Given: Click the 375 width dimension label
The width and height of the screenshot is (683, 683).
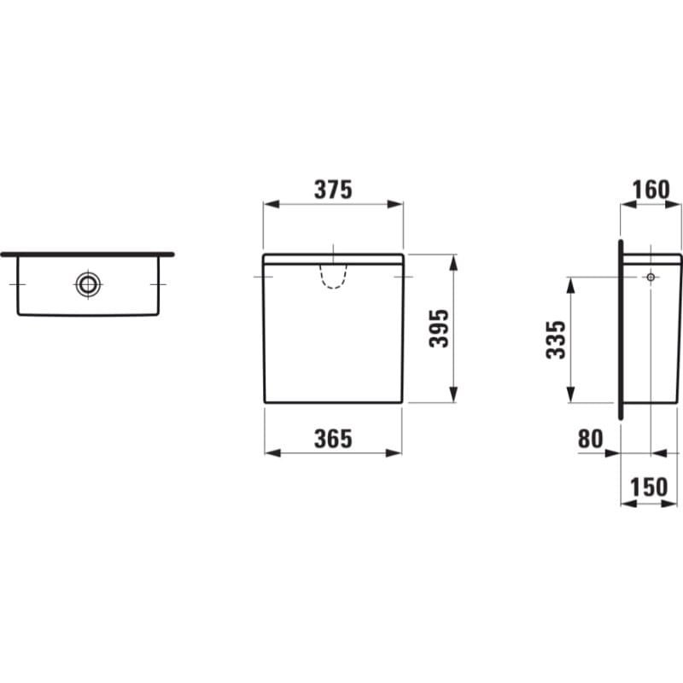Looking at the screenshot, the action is pos(333,190).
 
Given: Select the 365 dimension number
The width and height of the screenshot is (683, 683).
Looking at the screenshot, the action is pos(333,439).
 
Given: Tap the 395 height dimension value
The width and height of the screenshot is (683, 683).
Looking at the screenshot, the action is pos(439,328).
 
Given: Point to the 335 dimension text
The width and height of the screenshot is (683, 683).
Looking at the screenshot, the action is pos(556,340).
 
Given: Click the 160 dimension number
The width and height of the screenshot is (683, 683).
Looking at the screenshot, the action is pos(651,190).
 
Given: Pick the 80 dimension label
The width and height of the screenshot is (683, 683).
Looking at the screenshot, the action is pos(591,439).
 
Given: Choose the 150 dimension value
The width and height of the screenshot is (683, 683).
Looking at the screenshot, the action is pos(649,487).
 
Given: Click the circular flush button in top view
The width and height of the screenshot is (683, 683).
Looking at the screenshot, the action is pos(89,284).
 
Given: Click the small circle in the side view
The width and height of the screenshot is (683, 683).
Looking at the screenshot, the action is pos(651,277).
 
